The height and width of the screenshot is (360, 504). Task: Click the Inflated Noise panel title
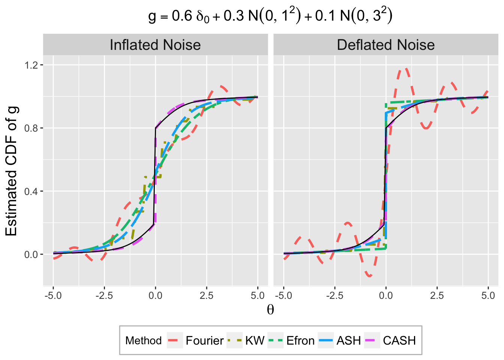(155, 45)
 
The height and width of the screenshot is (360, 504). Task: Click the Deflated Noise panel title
(385, 45)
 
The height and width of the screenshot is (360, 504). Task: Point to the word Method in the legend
(143, 340)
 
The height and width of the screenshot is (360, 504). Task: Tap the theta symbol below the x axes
(270, 310)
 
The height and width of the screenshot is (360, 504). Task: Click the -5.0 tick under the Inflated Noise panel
(53, 295)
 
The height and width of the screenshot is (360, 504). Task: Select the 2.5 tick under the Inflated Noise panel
(206, 295)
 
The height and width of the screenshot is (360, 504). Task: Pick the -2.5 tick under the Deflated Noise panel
(334, 295)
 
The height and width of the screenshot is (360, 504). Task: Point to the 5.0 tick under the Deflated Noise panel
(488, 295)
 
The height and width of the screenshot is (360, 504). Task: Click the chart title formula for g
(270, 16)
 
